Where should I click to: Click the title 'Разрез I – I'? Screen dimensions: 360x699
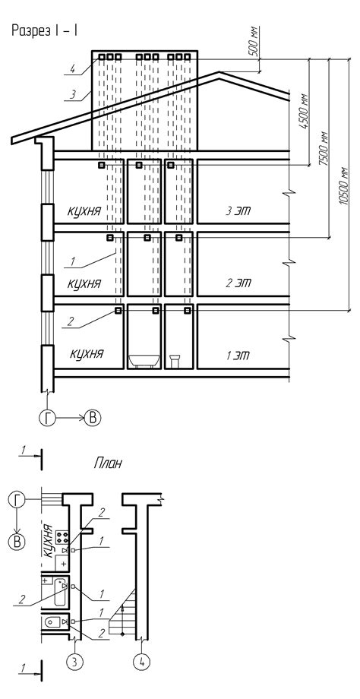(45, 30)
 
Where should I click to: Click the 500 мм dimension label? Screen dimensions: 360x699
(255, 41)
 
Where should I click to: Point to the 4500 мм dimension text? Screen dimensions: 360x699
(305, 112)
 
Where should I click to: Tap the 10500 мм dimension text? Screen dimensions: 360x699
(343, 186)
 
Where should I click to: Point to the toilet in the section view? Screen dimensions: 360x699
(175, 361)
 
